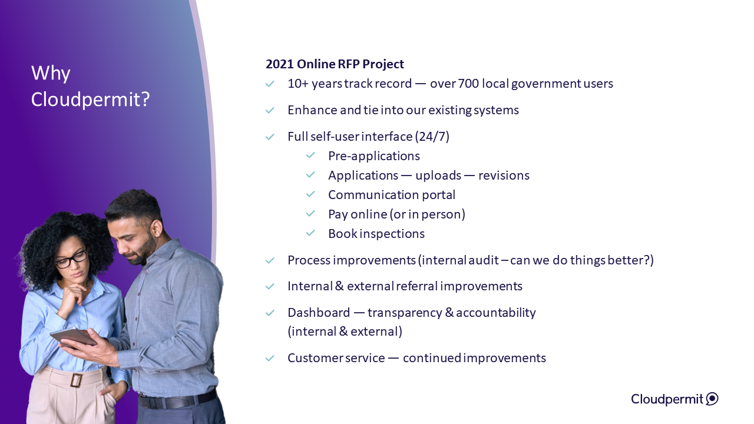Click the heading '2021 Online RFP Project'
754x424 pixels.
coord(335,64)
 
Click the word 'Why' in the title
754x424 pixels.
coord(51,73)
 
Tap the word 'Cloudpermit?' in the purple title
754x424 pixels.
coord(90,100)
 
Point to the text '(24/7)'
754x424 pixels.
coord(432,137)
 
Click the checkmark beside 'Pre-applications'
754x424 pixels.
coord(310,155)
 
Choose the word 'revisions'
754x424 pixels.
coord(504,175)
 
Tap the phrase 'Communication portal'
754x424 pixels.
coord(392,195)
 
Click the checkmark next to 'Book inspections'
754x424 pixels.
coord(310,233)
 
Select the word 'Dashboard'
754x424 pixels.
coord(319,313)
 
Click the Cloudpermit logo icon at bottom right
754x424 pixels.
coord(712,399)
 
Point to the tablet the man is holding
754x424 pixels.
coord(74,337)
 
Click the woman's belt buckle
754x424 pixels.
coord(76,380)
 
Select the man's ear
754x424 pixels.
coord(156,228)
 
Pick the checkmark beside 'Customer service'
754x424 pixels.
coord(270,358)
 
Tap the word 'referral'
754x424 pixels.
coord(416,286)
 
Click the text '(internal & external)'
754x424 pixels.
coord(345,332)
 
